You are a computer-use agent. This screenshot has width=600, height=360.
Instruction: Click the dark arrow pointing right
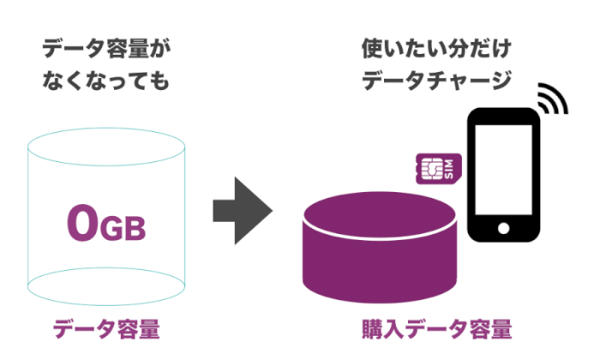[243, 209]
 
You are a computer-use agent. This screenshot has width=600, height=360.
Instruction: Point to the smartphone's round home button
[503, 228]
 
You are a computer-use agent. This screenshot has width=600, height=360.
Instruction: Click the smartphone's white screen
[503, 172]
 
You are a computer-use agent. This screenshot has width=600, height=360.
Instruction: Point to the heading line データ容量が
[106, 49]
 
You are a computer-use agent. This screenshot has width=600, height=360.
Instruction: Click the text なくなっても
[106, 81]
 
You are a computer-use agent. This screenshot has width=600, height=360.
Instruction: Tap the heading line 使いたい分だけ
[437, 49]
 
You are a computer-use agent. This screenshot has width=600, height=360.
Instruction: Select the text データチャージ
[437, 81]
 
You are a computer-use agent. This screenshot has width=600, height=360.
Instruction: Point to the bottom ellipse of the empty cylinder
[106, 287]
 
